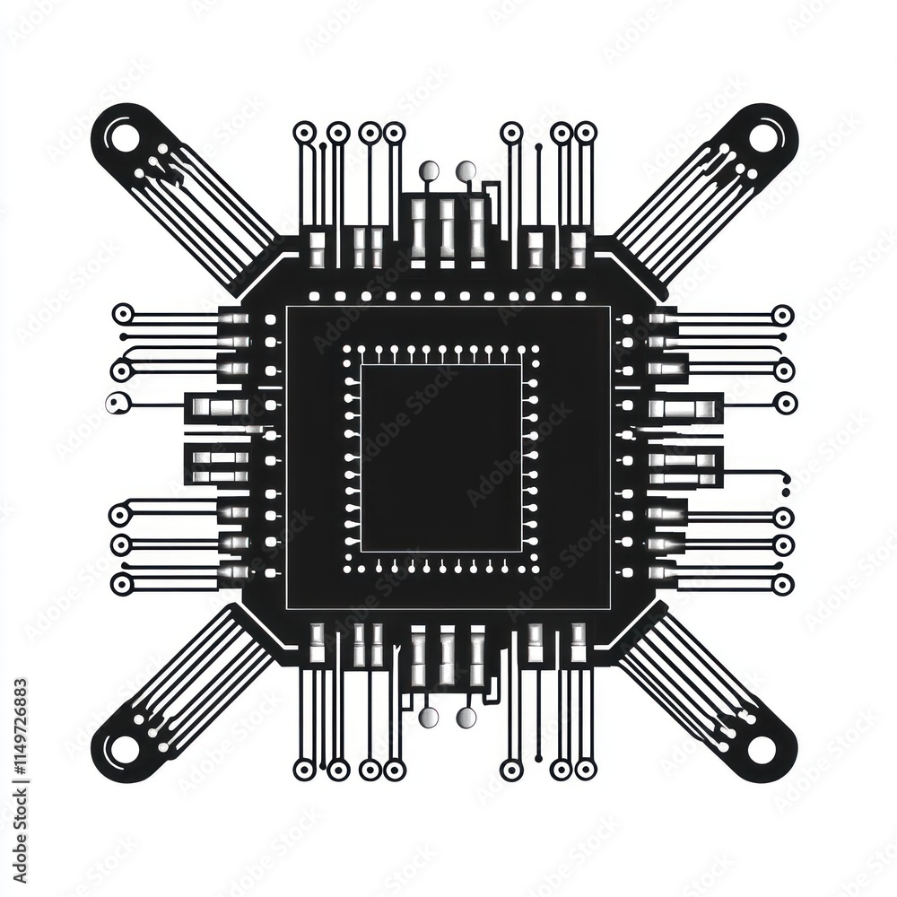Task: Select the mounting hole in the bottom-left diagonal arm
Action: tap(124, 750)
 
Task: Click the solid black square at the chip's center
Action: tap(441, 458)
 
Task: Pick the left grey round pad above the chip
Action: tap(429, 170)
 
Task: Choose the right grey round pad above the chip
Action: tap(466, 170)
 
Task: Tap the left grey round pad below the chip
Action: tap(429, 718)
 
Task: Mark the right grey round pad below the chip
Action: tap(466, 718)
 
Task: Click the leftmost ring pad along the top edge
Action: tap(304, 134)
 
